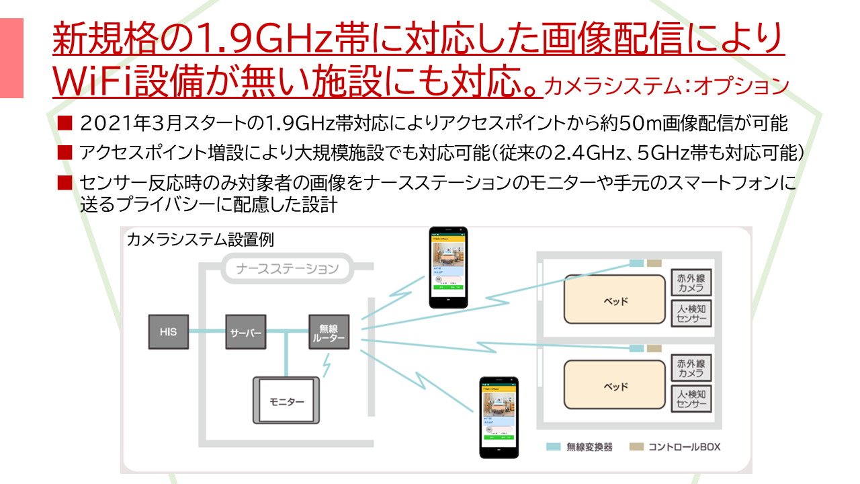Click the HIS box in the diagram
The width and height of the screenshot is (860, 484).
tap(168, 331)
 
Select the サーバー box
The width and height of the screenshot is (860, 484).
tap(246, 331)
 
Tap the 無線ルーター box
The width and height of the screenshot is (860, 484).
tap(329, 331)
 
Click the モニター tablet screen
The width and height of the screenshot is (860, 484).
tap(287, 401)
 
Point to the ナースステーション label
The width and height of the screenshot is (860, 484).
tap(287, 270)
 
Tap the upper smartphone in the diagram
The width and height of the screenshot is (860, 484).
tap(449, 268)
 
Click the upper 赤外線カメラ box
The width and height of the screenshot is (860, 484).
tap(691, 283)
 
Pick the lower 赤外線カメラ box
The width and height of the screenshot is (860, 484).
tap(691, 368)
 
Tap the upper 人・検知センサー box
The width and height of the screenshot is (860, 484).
tap(691, 313)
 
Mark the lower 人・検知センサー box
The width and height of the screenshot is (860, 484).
tap(691, 399)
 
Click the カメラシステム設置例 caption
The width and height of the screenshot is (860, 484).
tap(200, 239)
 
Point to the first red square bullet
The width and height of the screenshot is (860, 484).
tap(64, 123)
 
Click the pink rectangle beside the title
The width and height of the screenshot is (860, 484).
tap(11, 58)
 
